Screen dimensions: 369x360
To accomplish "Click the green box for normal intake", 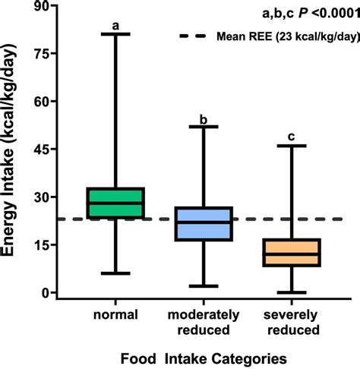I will (116, 203).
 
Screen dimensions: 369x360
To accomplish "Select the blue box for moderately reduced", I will (204, 224).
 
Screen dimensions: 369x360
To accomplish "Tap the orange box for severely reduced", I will (292, 252).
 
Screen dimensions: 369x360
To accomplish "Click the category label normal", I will (116, 314).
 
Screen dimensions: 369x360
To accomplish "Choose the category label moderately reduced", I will (204, 321).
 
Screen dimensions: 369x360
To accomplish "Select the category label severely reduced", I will (292, 321).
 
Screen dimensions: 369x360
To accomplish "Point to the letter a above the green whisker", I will (116, 25).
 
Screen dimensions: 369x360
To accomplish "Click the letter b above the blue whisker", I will (204, 119).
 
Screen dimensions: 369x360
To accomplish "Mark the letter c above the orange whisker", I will (292, 137).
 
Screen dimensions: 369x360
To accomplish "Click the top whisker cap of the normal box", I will (116, 34).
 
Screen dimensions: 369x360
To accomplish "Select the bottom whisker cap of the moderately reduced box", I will (204, 286).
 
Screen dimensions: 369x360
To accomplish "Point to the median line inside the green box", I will (116, 203).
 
